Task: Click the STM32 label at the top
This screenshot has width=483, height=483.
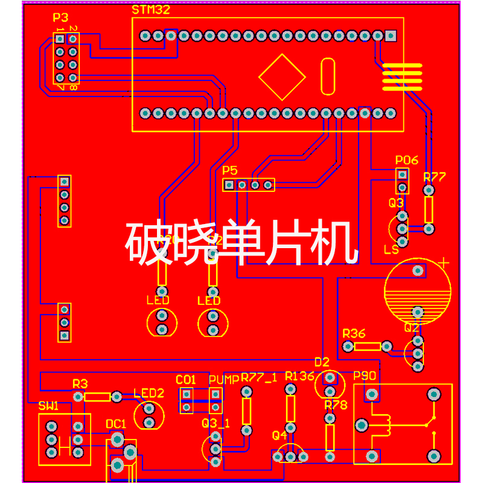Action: pyautogui.click(x=151, y=10)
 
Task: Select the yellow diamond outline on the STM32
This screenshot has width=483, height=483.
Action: pyautogui.click(x=282, y=77)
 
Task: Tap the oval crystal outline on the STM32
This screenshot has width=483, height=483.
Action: pyautogui.click(x=327, y=76)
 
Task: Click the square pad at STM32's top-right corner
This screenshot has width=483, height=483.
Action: pyautogui.click(x=391, y=36)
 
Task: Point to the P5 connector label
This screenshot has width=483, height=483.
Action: pyautogui.click(x=230, y=171)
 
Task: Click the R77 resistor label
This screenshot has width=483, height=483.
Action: pyautogui.click(x=434, y=177)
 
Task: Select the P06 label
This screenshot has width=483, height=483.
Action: pyautogui.click(x=406, y=161)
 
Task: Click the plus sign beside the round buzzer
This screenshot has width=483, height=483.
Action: pyautogui.click(x=445, y=263)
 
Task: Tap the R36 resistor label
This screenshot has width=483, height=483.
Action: pyautogui.click(x=354, y=333)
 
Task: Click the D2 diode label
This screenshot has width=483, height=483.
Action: pyautogui.click(x=322, y=362)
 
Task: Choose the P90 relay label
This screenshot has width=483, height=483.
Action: pyautogui.click(x=365, y=376)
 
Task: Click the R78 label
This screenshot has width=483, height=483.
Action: pyautogui.click(x=336, y=405)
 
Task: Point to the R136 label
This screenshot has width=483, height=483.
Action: pyautogui.click(x=299, y=376)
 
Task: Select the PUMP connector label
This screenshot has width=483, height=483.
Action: pyautogui.click(x=224, y=380)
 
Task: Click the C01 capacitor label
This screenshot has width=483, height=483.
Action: pyautogui.click(x=186, y=380)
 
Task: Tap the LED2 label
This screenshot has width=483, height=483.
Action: pyautogui.click(x=149, y=393)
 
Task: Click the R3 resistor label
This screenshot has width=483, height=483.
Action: pyautogui.click(x=80, y=383)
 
